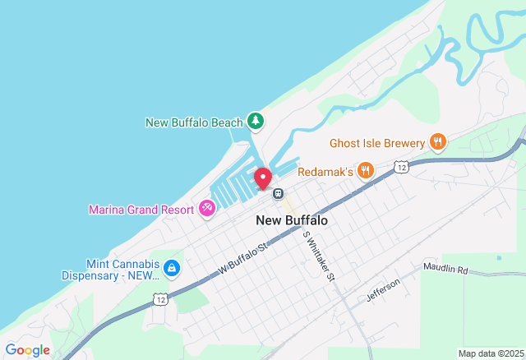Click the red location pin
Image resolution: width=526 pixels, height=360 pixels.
263,178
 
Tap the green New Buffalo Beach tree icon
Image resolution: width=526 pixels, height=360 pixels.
256,122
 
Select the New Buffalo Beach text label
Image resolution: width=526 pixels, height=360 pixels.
194,122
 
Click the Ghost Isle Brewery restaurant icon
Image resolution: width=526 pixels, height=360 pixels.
438,142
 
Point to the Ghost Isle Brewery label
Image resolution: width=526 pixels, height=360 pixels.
377,143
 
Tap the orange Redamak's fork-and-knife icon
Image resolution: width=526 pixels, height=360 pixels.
366,171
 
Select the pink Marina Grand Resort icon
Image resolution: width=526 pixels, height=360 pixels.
206,209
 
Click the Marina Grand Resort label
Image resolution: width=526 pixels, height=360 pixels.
141,210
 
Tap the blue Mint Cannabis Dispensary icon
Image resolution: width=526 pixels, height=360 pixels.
171,268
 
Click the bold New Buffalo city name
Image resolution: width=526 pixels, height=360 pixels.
292,220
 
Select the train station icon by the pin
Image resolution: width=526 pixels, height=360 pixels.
279,194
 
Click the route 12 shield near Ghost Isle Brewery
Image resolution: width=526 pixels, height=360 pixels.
400,167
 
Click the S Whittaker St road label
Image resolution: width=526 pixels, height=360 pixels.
319,256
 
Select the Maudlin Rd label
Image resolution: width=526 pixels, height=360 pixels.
445,269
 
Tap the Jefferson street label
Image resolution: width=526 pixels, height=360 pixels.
383,289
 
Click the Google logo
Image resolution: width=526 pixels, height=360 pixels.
27,350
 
